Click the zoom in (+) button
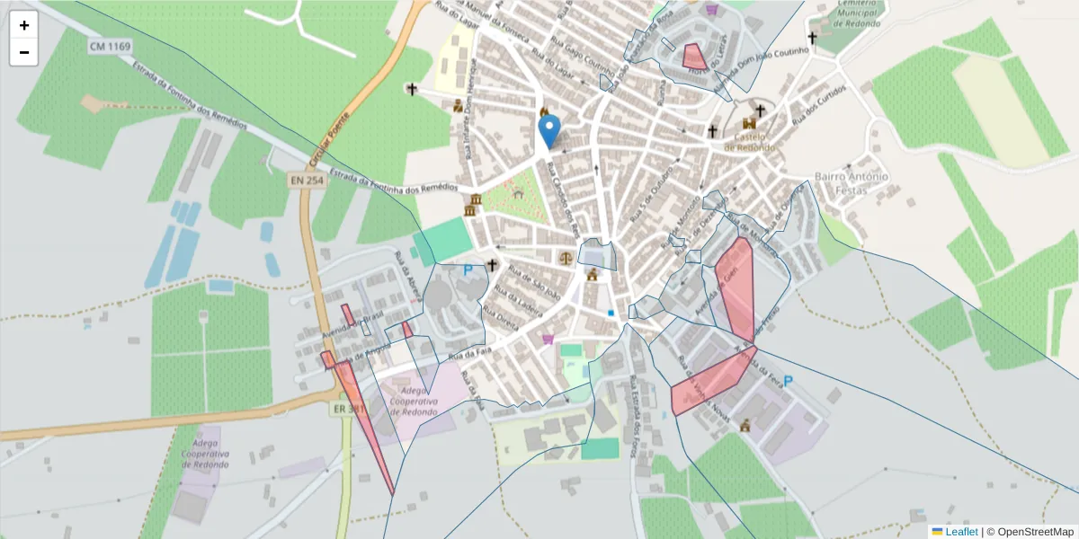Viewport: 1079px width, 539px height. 24,25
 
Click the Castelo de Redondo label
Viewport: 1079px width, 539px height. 748,141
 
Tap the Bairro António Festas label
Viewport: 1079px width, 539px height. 851,182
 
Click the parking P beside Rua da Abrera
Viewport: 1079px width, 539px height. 468,269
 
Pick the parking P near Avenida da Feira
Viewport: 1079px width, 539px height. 789,382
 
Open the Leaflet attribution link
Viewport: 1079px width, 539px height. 961,532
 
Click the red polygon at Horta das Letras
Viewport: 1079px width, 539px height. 693,57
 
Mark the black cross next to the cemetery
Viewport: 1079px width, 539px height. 812,39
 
